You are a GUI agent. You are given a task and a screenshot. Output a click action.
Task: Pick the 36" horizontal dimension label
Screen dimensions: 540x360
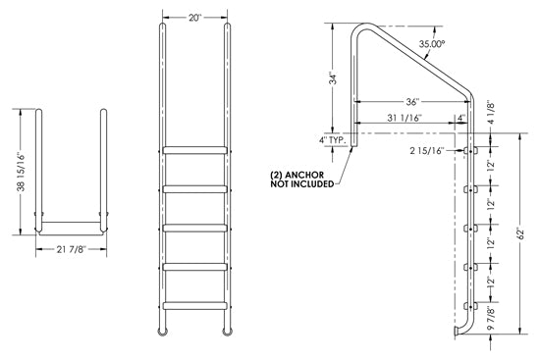(x=412, y=100)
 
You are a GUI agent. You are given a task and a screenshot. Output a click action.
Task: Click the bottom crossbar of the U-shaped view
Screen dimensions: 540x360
(x=72, y=232)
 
